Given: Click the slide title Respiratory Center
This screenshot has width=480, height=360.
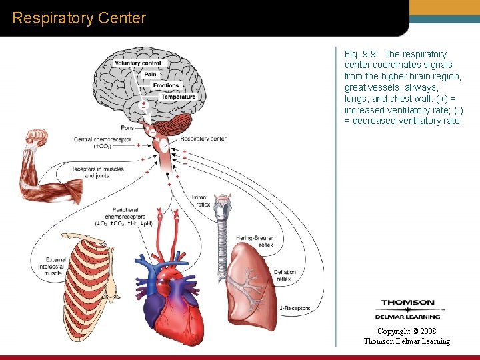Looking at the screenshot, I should point(79,18).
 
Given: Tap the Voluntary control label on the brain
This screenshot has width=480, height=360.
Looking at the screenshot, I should point(137,63).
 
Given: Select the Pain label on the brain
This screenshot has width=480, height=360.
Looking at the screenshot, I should point(150,74).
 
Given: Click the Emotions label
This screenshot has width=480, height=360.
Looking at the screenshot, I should point(166,85).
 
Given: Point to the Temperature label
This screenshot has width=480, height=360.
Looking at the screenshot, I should point(178,97).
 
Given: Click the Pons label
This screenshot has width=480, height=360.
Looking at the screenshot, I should point(127,127).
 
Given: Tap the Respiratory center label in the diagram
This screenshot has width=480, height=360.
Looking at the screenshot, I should point(203,139).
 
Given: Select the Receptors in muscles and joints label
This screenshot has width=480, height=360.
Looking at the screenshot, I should point(97,172).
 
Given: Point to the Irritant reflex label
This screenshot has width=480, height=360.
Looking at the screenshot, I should point(200,201).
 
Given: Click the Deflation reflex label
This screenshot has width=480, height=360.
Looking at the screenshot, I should point(285,275).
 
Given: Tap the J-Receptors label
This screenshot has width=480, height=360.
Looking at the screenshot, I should point(295,308).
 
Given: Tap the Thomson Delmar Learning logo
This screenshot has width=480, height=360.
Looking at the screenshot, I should point(407,309).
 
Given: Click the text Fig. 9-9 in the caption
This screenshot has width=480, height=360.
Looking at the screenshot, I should point(360,54).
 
